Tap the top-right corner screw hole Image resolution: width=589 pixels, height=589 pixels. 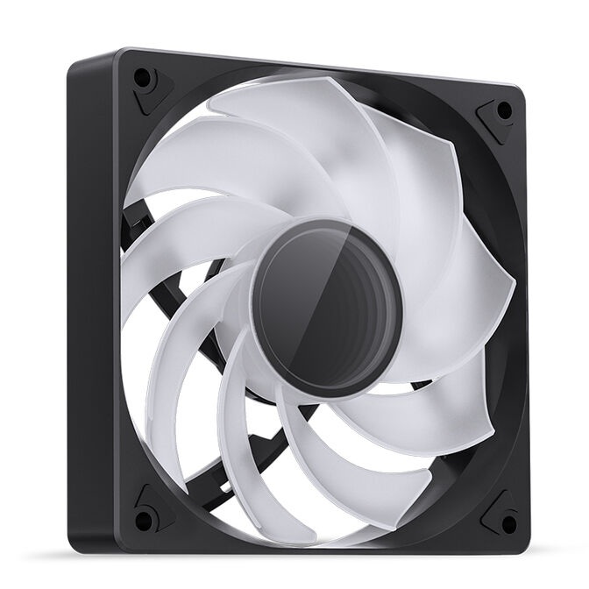(x=504, y=110)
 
